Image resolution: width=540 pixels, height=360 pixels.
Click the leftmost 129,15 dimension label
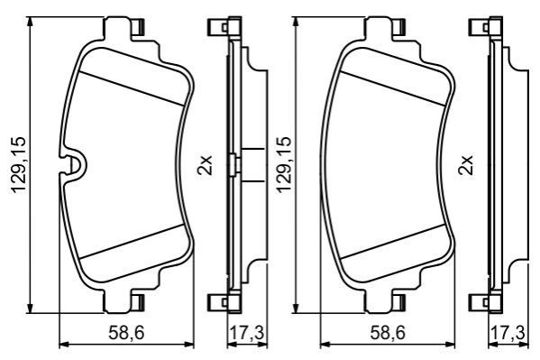pos(19,164)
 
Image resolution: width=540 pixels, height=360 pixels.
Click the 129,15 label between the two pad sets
pos(283,164)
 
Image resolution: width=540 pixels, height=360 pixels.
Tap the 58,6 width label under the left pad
pos(126,333)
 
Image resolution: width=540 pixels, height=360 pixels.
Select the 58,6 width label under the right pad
pos(389,333)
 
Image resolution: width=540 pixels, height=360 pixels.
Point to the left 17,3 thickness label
pos(247,333)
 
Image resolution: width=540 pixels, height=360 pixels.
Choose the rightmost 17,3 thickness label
pos(508,333)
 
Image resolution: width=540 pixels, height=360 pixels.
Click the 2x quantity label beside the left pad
pos(205,165)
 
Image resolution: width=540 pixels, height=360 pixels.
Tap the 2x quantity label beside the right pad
pos(466,165)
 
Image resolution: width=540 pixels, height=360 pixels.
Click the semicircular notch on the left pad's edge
pos(74,165)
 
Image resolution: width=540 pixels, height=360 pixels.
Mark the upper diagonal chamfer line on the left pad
pos(132,89)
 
